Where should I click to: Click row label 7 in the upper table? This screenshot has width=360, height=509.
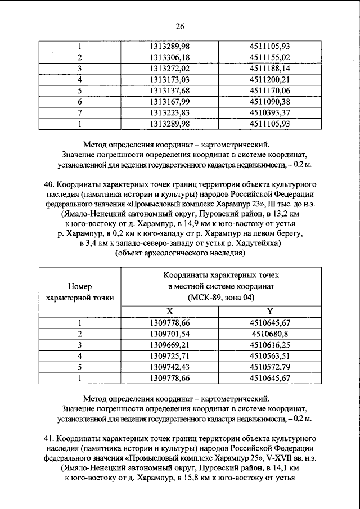(x=80, y=112)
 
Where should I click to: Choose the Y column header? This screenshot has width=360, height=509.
(x=270, y=311)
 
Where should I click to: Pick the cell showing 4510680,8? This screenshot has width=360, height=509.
(x=270, y=334)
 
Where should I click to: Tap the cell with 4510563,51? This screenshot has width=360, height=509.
(x=270, y=355)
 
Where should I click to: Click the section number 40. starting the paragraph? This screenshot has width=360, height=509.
(x=49, y=184)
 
